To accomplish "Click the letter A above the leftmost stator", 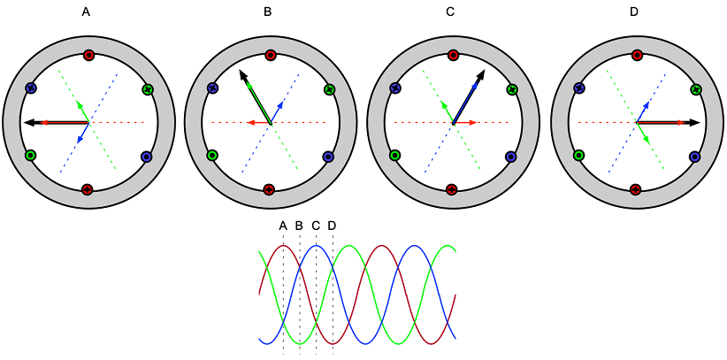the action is point(86,12).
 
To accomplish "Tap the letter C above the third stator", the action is point(450,12).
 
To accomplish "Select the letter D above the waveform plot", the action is point(332,226).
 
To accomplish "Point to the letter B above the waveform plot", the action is point(299,226).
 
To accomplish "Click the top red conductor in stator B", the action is point(271,55).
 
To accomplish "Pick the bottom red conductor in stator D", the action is point(636,188).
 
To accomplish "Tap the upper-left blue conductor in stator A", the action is point(31,88).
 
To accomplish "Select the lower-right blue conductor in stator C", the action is point(510,157).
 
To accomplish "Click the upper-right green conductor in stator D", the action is point(694,89).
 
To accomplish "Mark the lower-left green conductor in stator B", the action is point(213,155).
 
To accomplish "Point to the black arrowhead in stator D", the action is point(694,122).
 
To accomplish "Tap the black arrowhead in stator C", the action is point(481,74).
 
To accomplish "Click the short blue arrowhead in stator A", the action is point(79,139).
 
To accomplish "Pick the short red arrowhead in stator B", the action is point(250,122).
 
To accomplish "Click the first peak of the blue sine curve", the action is point(317,245).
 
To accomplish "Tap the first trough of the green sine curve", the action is point(300,343).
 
